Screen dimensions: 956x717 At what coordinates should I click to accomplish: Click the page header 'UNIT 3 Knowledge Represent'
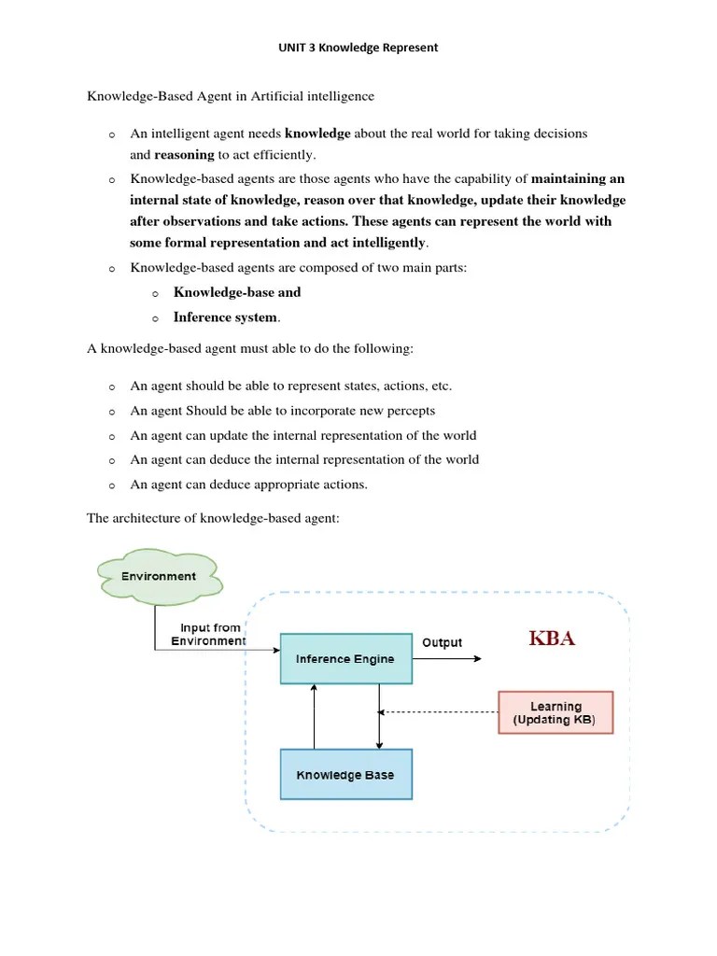tap(358, 48)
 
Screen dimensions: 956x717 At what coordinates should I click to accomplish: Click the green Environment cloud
tap(158, 576)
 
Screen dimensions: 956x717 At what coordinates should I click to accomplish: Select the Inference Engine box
tap(345, 659)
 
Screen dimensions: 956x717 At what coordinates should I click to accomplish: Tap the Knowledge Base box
tap(345, 775)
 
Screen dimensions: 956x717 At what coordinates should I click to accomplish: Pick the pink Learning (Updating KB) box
tap(555, 714)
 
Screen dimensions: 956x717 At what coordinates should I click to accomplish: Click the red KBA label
tap(552, 639)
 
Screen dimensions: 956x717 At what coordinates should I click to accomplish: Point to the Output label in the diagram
tap(442, 642)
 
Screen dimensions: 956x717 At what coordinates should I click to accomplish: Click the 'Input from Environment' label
tap(209, 635)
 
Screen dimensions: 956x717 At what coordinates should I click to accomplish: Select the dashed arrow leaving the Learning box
tap(439, 712)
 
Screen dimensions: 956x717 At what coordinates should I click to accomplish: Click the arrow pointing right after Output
tap(448, 659)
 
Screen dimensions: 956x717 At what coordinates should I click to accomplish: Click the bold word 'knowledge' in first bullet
tap(317, 134)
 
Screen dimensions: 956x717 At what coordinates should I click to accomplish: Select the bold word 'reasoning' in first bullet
tap(184, 155)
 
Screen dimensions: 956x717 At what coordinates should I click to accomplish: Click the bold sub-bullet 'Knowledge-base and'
tap(237, 292)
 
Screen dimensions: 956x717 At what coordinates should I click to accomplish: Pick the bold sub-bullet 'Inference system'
tap(225, 317)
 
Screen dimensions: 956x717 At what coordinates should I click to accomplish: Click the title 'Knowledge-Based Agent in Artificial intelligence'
tap(231, 96)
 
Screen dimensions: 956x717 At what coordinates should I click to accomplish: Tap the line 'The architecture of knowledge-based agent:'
tap(213, 517)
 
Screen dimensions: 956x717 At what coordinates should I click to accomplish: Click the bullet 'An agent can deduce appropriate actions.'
tap(249, 485)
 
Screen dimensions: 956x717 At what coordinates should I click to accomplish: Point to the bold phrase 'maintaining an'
tap(578, 178)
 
